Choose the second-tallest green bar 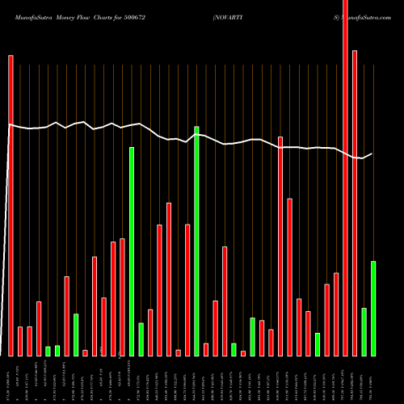132,251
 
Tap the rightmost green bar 373,308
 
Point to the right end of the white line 372,154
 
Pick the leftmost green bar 48,351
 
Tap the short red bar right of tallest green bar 206,349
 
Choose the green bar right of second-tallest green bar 141,339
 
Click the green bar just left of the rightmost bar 364,331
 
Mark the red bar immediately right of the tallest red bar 355,203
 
